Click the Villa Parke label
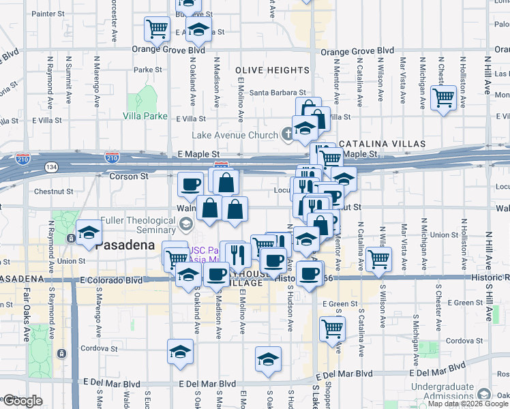[145, 116]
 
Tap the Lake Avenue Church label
[235, 135]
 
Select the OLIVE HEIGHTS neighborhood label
[272, 70]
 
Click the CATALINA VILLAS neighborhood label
[382, 145]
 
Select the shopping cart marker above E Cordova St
[332, 329]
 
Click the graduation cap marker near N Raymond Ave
[89, 233]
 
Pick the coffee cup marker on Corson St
[190, 183]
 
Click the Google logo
[22, 401]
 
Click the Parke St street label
[148, 70]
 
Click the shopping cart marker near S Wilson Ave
[378, 258]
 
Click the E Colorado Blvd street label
[111, 279]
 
